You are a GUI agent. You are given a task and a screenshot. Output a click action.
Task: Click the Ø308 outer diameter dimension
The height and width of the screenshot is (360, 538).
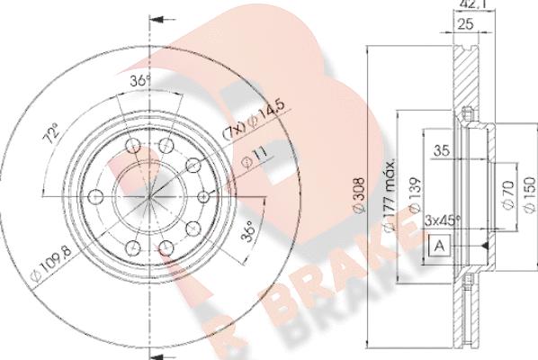359,195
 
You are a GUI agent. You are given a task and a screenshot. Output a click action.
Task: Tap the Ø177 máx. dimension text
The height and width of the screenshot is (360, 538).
390,195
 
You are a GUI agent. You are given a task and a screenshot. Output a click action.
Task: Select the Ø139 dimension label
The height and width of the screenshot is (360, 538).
414,195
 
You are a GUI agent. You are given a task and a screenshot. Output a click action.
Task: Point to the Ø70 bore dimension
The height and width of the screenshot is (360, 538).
509,194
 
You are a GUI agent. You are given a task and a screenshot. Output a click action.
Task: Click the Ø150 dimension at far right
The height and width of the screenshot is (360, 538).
531,194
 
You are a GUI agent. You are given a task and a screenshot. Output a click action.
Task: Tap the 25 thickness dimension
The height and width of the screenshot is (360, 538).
466,23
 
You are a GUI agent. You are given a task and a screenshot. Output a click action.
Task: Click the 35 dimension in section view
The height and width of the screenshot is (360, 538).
442,150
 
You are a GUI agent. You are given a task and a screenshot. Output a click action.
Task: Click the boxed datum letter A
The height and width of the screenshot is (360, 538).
440,246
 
